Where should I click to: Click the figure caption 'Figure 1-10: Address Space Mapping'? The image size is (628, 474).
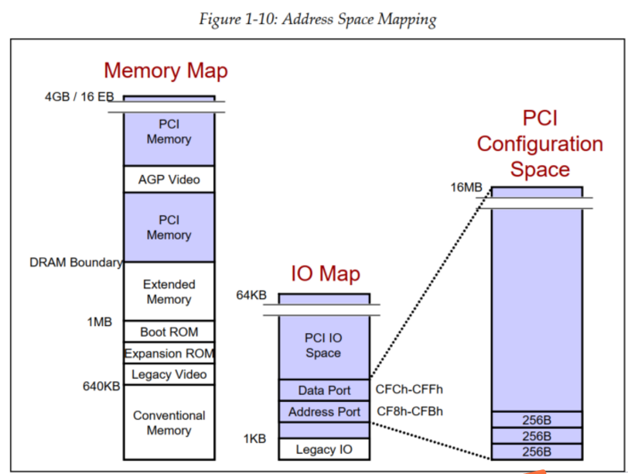(x=317, y=19)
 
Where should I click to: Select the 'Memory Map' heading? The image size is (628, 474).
(x=166, y=70)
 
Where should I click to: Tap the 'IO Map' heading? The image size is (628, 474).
(x=325, y=273)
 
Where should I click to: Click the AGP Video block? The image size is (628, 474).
(x=169, y=180)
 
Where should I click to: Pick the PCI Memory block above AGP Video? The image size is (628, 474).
(x=169, y=132)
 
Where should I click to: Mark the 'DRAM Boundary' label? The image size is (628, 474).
(x=76, y=263)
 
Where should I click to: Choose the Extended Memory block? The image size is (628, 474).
(x=169, y=292)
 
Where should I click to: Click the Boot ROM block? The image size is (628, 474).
(x=169, y=332)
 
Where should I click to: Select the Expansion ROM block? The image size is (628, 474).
(x=169, y=354)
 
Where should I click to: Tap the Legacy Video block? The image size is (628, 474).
(x=169, y=375)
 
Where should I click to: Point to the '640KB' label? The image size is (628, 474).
(x=101, y=386)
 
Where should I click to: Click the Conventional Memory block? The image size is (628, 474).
(x=169, y=423)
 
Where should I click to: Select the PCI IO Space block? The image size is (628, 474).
(x=323, y=345)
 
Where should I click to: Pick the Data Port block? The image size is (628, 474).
(x=324, y=390)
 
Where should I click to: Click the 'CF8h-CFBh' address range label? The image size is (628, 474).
(x=409, y=411)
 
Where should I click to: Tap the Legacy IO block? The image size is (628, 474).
(x=324, y=449)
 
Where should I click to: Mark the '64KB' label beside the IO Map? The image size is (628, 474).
(x=251, y=295)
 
